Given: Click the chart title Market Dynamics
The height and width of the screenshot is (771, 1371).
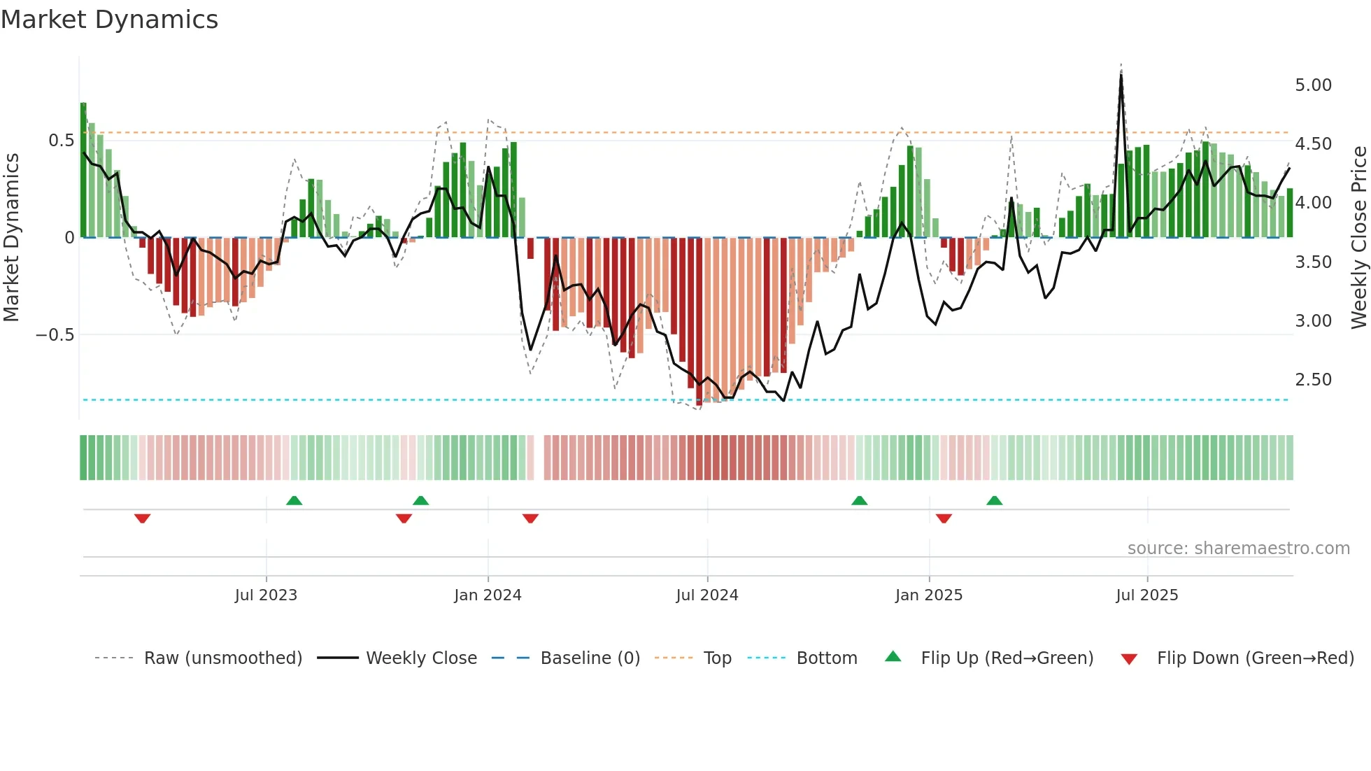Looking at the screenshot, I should (x=109, y=20).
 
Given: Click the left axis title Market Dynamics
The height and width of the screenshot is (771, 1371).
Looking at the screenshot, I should (x=12, y=237).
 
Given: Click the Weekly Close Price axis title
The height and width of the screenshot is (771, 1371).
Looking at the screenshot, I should (x=1358, y=237).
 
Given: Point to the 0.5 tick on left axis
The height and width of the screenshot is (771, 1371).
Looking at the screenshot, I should (x=61, y=141).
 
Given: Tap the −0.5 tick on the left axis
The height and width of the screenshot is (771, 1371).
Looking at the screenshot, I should (x=55, y=335).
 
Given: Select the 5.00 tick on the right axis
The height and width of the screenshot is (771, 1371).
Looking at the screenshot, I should (x=1313, y=85).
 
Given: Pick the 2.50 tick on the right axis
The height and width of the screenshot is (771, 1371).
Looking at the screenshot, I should (x=1313, y=380).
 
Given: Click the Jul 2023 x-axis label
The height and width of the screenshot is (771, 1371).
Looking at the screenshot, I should (x=266, y=595).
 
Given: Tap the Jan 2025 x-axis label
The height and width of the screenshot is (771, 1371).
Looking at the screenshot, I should (x=928, y=595).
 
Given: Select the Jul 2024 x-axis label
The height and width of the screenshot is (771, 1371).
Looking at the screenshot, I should (x=706, y=595).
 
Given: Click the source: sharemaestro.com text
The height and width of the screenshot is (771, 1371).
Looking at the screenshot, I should (x=1238, y=549).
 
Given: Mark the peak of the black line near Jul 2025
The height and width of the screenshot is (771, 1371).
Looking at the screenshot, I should (x=1121, y=76).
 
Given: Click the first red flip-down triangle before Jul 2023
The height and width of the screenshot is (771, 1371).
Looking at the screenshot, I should (x=143, y=518).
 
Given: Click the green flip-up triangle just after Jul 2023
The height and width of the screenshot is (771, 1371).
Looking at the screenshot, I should (x=294, y=500).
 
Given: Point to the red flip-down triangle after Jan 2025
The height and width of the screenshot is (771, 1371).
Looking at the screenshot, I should (x=944, y=518).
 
